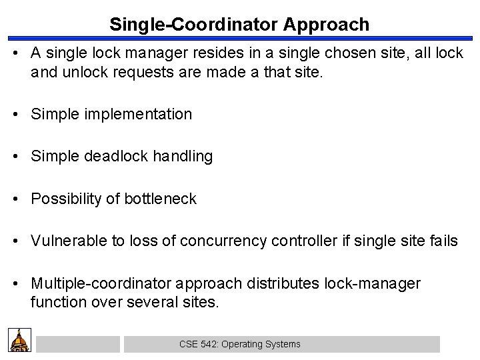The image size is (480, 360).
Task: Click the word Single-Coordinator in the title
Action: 195,25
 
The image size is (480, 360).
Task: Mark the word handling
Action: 184,157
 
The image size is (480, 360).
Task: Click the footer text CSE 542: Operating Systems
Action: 240,345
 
